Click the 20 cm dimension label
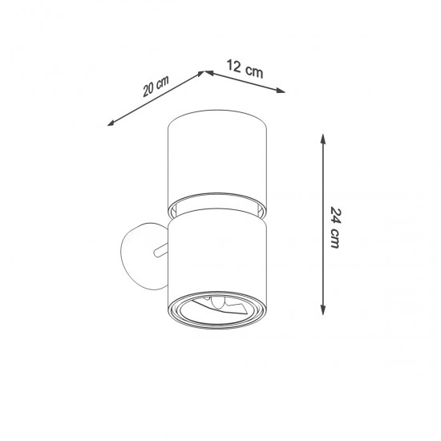pos(155,86)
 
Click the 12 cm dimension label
pos(245,70)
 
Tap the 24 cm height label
pos(336,228)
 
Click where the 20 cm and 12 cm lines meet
pos(204,72)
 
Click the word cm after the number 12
pos(254,71)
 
